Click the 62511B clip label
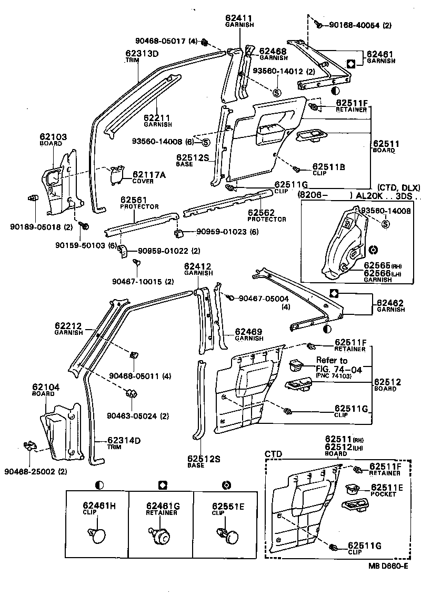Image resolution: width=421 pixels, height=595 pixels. pyautogui.click(x=328, y=167)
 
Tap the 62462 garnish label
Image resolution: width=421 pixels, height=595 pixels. pyautogui.click(x=390, y=303)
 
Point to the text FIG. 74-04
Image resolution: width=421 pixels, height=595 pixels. pyautogui.click(x=339, y=369)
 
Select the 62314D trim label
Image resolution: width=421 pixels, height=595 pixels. pyautogui.click(x=125, y=440)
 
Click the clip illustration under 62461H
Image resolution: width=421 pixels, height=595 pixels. pyautogui.click(x=97, y=535)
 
